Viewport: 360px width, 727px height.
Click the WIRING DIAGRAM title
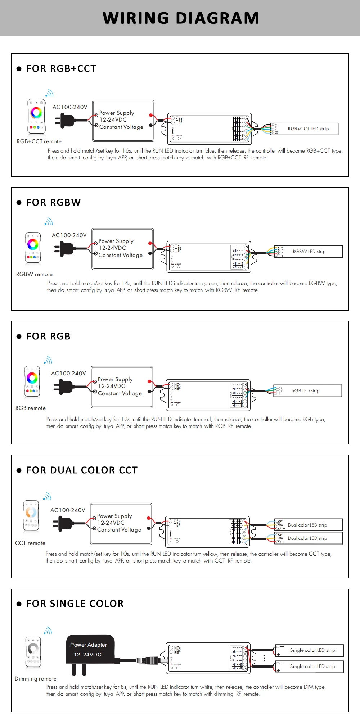[x=181, y=18]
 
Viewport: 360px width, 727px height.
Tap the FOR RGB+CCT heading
[x=61, y=68]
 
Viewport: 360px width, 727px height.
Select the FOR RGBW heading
[x=53, y=202]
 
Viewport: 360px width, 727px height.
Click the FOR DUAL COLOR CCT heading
[x=82, y=470]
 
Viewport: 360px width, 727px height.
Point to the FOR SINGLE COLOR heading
[x=75, y=604]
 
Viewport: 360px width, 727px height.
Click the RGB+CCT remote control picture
[x=36, y=116]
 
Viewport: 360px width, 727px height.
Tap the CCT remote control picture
[x=31, y=516]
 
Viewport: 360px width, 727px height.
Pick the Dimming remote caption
[x=36, y=679]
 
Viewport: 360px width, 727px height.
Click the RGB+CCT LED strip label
[x=308, y=129]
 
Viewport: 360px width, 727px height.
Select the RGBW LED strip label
[x=309, y=252]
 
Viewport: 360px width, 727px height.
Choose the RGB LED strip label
[x=306, y=391]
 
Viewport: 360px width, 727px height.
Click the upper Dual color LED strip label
[x=307, y=525]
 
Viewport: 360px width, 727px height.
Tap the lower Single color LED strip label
[x=312, y=667]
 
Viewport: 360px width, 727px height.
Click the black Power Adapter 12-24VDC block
[x=90, y=650]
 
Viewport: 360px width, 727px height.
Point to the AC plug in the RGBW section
[x=67, y=248]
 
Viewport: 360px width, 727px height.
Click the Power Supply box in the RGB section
[x=122, y=387]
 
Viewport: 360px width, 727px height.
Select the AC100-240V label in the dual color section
[x=68, y=510]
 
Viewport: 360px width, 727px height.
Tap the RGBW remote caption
[x=34, y=274]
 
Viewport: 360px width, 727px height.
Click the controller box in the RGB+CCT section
[x=209, y=129]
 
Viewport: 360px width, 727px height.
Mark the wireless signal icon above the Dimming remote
[x=48, y=631]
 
